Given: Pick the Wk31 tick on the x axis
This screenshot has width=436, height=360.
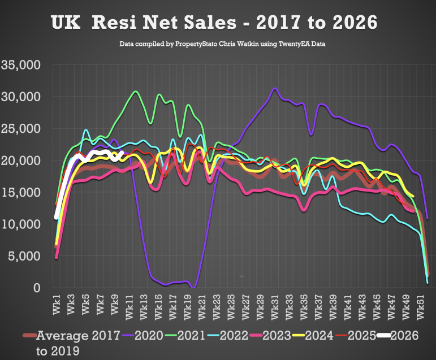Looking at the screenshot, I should pos(274,305).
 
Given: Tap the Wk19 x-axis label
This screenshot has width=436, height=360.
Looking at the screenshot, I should pos(187,305).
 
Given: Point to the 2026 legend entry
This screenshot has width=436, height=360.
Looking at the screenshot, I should pos(405,336).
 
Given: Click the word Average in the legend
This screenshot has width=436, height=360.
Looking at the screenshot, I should pos(62,336).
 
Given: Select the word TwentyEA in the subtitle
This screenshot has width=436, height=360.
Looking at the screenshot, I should pos(287,44).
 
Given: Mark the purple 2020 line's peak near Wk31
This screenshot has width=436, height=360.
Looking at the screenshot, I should pos(275,89).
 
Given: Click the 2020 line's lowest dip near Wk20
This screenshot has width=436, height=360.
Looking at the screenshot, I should pos(193,287).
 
